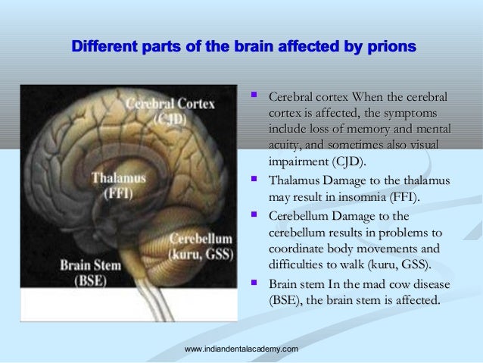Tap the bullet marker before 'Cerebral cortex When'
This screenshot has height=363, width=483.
(254, 96)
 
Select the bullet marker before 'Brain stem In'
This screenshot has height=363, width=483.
(254, 283)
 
